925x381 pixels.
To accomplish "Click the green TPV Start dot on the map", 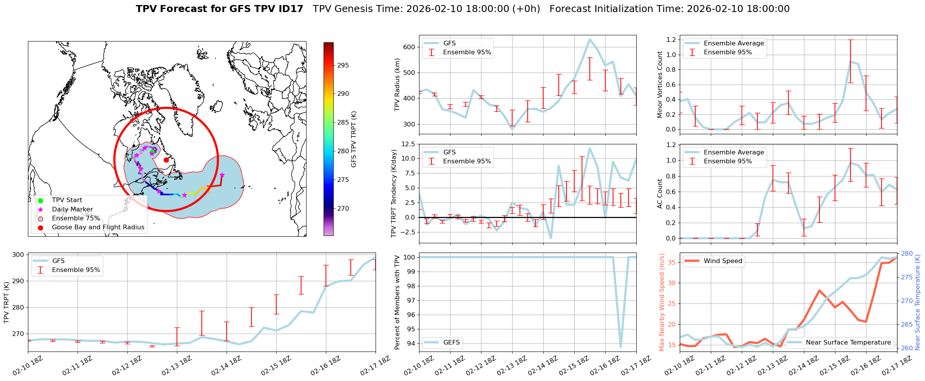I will (x=152, y=152).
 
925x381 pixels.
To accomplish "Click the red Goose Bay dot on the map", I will (x=166, y=160).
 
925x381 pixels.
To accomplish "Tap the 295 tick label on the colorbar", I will (x=343, y=66).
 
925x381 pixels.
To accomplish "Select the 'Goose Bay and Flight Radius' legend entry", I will (x=98, y=227).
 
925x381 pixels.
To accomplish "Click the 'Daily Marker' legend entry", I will (x=72, y=210).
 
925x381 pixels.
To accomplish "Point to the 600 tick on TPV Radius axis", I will (x=409, y=47).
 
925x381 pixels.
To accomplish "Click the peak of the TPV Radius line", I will (x=589, y=39).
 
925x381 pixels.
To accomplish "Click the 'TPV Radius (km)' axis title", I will (x=397, y=85).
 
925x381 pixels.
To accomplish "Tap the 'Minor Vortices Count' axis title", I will (x=660, y=85).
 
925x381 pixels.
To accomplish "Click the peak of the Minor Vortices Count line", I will (x=851, y=62).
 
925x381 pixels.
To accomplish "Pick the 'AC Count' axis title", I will (x=660, y=194).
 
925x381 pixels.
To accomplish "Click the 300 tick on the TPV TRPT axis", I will (x=19, y=255).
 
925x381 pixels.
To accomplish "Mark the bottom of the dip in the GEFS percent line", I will (x=621, y=347).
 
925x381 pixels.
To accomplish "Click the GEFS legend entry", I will (x=451, y=342).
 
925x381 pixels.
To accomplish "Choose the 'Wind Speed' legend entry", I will (x=722, y=261).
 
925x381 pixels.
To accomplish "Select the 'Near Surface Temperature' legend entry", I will (x=848, y=342).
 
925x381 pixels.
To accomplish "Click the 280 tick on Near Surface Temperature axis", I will (x=907, y=254).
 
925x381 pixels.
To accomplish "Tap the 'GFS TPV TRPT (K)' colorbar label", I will (x=353, y=139).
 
